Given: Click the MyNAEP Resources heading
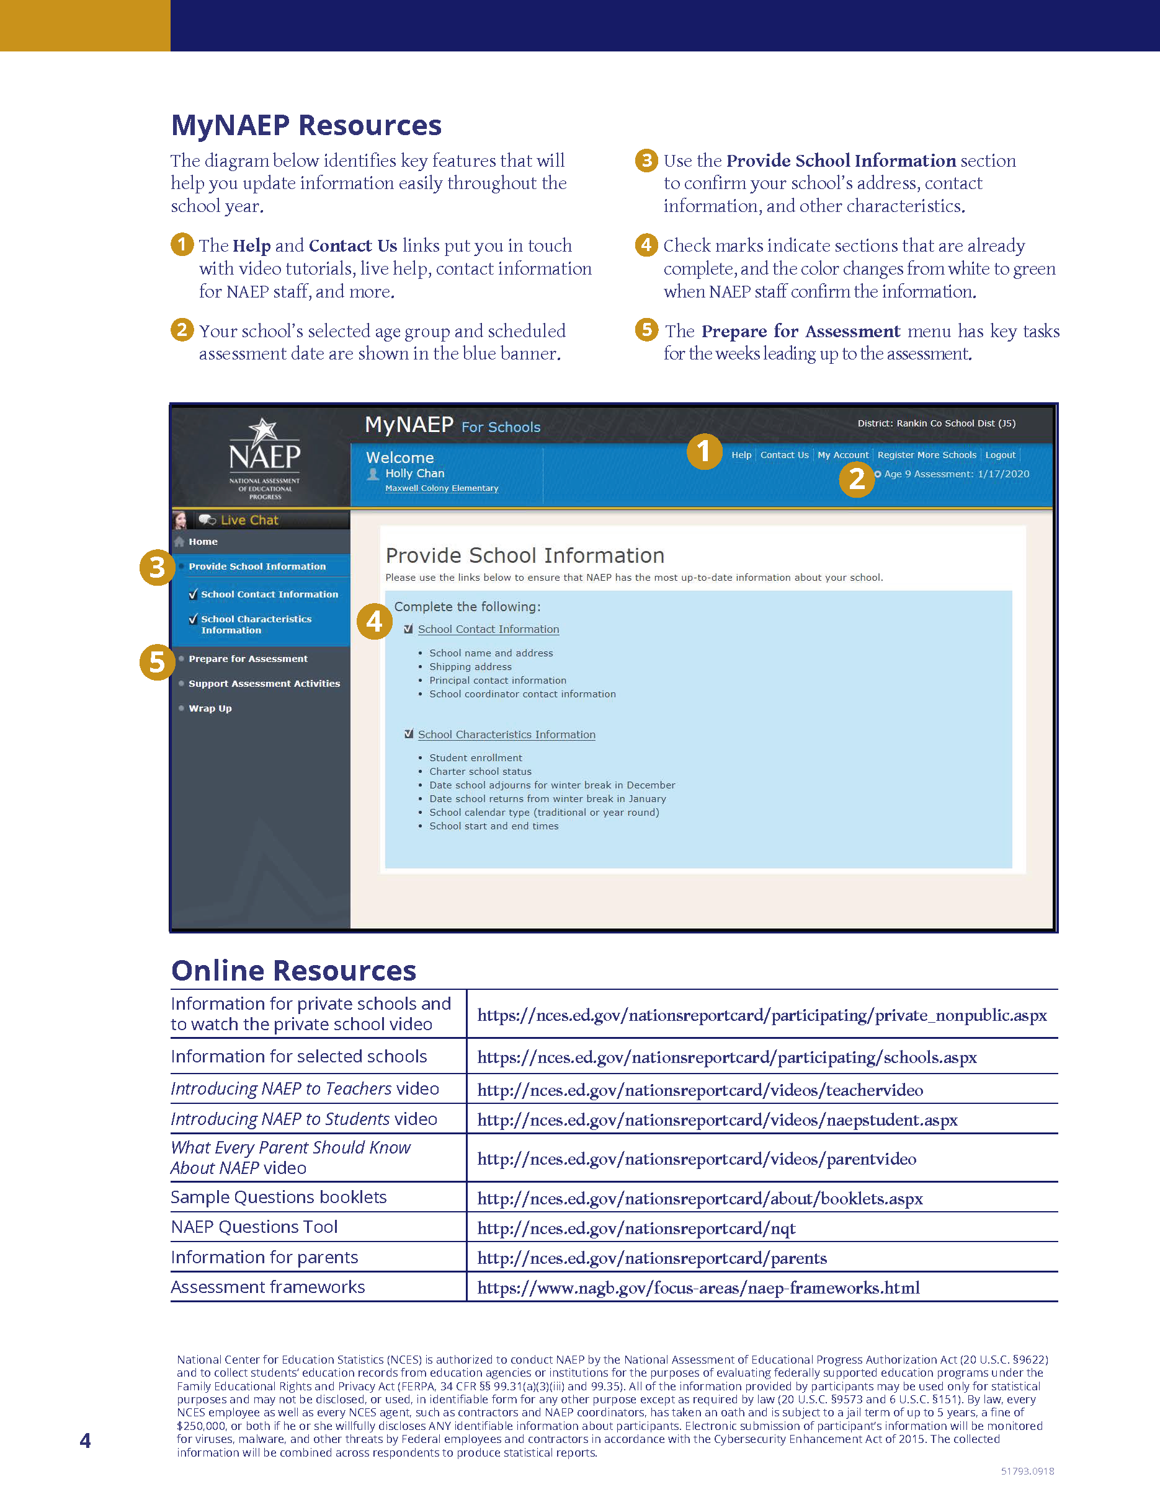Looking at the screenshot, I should [x=306, y=126].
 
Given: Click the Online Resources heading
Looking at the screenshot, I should [x=293, y=971].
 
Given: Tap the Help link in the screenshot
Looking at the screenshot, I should [x=741, y=455].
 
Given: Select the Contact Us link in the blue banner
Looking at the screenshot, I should [x=784, y=455].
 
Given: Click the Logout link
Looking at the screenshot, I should [x=1000, y=455].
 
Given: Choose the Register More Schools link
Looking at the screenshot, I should [x=926, y=455].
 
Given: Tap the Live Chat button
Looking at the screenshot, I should [x=249, y=520].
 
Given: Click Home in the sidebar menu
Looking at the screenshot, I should [x=203, y=542].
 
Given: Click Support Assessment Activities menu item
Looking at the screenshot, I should [x=264, y=684].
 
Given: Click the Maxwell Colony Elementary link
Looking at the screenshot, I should [x=441, y=488].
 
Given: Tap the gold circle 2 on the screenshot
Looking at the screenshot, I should [x=856, y=479].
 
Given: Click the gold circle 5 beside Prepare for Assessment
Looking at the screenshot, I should [x=157, y=662].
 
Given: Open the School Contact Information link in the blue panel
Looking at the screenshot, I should [x=488, y=629].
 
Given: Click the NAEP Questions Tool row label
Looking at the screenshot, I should [x=254, y=1227].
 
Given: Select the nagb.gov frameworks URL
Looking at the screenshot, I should [x=698, y=1288].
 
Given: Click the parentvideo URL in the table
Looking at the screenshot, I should [x=696, y=1159].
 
